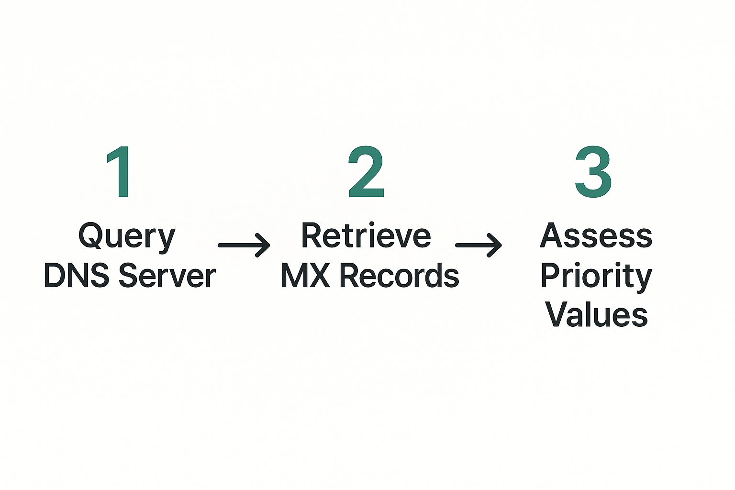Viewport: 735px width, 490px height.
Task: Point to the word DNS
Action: (76, 276)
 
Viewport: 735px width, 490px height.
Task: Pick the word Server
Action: (167, 276)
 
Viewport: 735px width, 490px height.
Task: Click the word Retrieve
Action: (366, 236)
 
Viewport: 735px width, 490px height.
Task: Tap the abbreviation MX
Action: (305, 276)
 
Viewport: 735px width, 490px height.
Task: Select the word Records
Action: (400, 276)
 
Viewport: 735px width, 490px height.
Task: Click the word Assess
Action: (596, 236)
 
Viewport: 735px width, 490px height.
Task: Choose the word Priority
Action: (596, 276)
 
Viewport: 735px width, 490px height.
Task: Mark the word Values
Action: (596, 315)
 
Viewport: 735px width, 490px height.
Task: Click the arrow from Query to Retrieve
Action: (244, 245)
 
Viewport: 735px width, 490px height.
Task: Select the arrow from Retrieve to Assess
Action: (478, 245)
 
